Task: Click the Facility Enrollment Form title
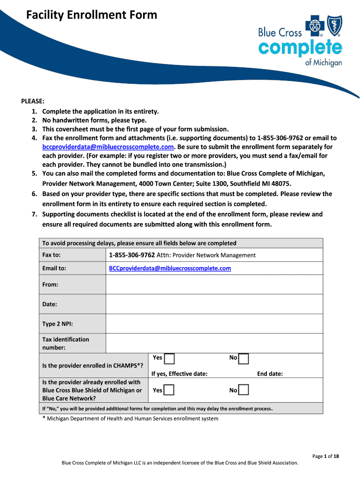92,15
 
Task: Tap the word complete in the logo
300,48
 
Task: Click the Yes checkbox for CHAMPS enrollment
169,359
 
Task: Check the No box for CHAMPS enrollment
244,359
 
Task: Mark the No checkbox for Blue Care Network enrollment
244,390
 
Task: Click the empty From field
214,284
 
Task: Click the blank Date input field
214,304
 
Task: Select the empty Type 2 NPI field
214,324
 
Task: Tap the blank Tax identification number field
214,343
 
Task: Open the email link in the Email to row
170,269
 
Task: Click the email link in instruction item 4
108,147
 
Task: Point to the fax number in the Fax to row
131,255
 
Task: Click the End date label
270,374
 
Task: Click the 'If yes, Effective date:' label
180,374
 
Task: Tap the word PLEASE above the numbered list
33,102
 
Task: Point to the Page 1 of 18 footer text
325,456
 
